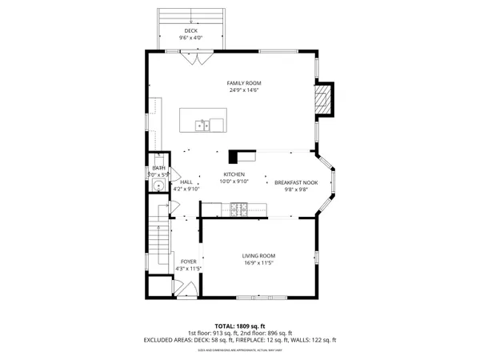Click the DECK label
[191, 31]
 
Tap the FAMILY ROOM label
[243, 83]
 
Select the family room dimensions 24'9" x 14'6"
[243, 90]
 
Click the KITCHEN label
[234, 174]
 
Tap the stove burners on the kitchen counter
[238, 210]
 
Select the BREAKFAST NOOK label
[296, 182]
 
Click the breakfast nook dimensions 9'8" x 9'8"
[296, 190]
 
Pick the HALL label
[186, 182]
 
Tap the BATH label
[158, 167]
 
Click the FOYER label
[189, 261]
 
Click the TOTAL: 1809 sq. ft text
[240, 326]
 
